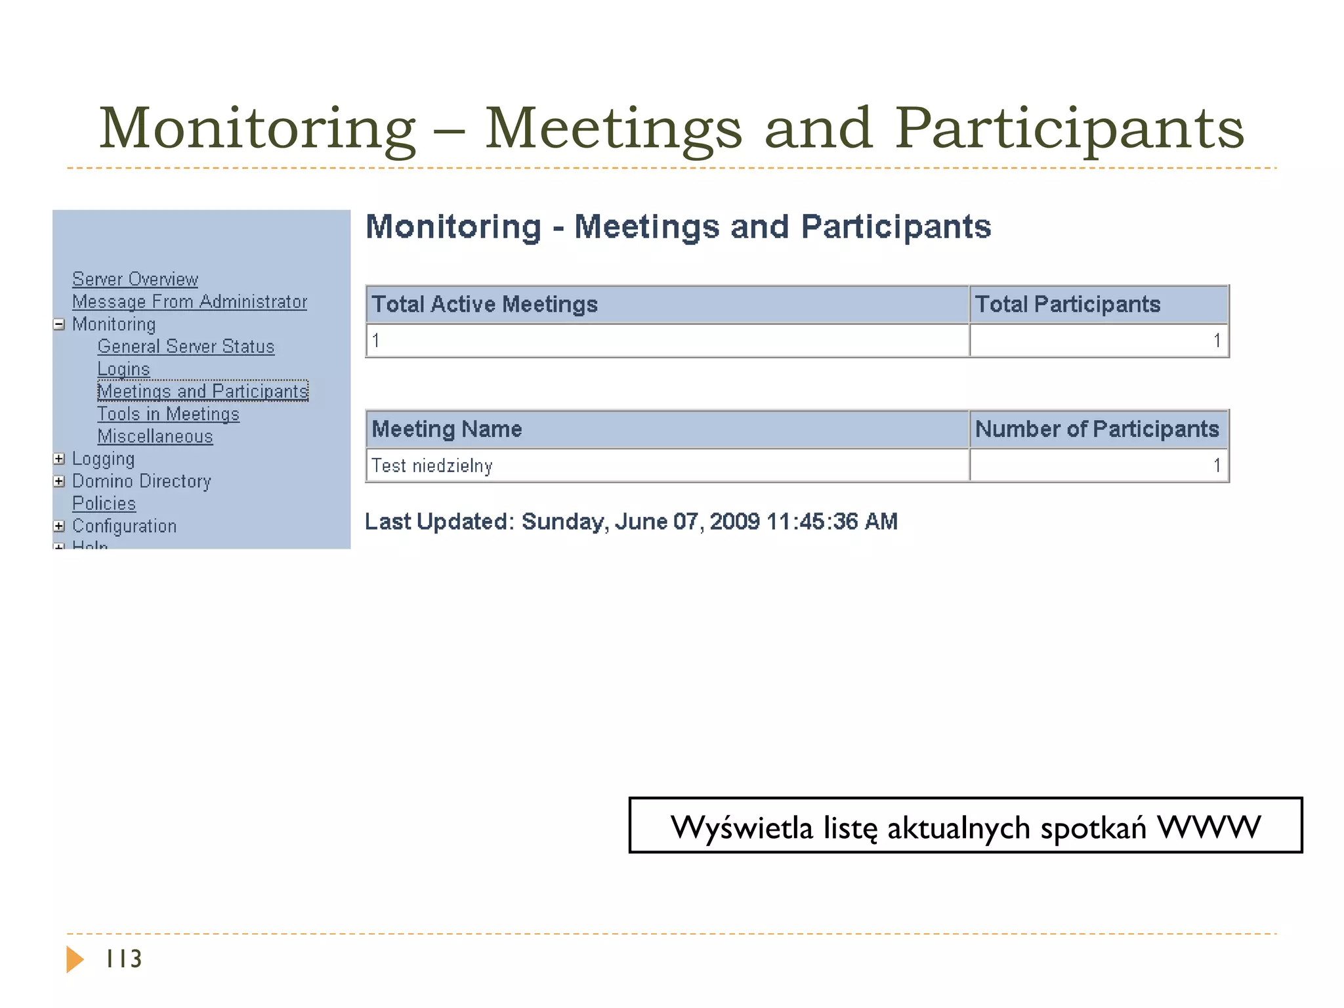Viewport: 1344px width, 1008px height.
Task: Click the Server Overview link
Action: coord(135,280)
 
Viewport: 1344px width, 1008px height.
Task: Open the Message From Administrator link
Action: coord(189,302)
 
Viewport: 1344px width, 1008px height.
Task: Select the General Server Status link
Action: coord(186,346)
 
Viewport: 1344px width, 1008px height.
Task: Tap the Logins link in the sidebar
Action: coord(123,369)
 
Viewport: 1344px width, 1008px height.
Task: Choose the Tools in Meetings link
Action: coord(168,414)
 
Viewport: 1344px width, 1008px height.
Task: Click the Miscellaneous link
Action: coord(155,436)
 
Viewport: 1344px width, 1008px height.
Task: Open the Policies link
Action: coord(104,503)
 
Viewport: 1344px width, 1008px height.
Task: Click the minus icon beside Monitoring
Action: coord(59,324)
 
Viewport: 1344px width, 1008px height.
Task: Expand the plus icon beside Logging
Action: coord(59,459)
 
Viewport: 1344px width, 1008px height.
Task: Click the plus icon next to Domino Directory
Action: coord(59,481)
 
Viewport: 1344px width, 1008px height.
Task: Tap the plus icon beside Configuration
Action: coord(59,526)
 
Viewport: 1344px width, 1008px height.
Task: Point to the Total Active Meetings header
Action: coord(484,304)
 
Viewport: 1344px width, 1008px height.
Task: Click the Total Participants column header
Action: coord(1067,304)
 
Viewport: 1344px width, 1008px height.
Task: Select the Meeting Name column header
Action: coord(446,429)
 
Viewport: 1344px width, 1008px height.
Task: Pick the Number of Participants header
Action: coord(1097,429)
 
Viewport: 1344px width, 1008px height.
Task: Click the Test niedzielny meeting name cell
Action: coord(432,466)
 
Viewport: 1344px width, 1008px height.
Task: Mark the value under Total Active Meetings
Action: coord(376,341)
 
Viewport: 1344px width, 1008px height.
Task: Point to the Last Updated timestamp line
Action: coord(631,522)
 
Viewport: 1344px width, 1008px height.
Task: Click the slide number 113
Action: coord(123,959)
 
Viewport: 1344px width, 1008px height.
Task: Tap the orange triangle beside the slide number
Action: coord(74,959)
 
